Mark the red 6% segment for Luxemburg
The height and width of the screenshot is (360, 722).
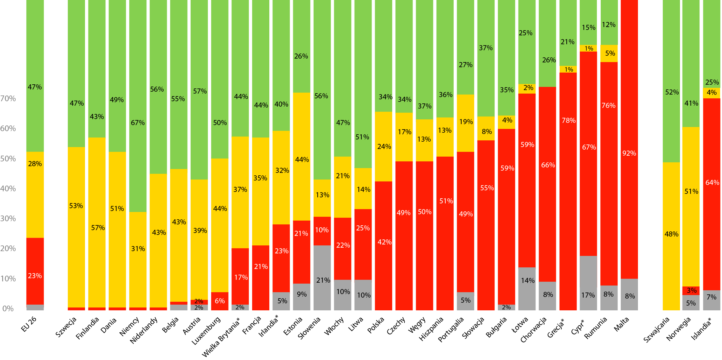coord(220,301)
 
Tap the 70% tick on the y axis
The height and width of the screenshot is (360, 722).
coord(8,99)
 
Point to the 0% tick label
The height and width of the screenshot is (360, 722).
coord(8,308)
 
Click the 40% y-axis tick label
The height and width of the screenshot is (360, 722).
coord(8,189)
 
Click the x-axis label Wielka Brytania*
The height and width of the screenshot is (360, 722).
coord(221,337)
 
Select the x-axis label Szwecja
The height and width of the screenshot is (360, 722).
coord(66,327)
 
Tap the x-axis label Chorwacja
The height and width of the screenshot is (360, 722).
coord(533,330)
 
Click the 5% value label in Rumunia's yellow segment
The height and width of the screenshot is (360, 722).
coord(610,53)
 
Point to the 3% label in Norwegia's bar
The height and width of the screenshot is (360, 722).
coord(691,290)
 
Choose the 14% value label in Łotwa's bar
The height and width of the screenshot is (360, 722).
coord(527,280)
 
